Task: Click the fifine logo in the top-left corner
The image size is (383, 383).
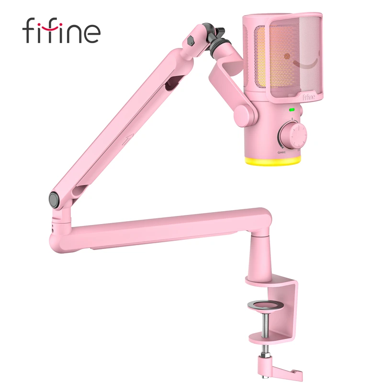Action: coord(61,31)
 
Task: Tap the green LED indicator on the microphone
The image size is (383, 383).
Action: coord(291,110)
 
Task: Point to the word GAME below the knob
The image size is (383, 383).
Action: coord(282,152)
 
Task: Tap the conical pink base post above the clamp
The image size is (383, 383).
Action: coord(260,259)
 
